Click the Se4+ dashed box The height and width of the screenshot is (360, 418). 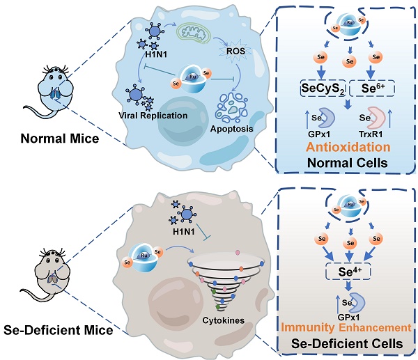[350, 267]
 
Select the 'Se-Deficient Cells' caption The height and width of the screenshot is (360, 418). [350, 342]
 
